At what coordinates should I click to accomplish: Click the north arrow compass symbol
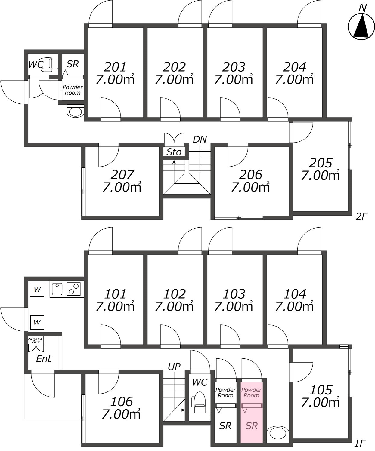[362, 26]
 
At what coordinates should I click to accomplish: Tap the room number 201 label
[115, 67]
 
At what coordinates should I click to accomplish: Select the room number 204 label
[295, 67]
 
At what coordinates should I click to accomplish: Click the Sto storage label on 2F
[174, 152]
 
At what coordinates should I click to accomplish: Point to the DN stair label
[200, 139]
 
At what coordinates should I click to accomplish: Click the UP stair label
[174, 367]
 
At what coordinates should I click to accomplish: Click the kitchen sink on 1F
[57, 289]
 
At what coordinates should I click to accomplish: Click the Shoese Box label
[36, 340]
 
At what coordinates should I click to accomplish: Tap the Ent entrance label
[44, 359]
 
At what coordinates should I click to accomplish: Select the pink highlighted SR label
[252, 426]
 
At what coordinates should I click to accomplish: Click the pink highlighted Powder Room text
[251, 393]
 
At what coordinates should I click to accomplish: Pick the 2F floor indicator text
[361, 216]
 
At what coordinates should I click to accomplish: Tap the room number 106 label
[121, 401]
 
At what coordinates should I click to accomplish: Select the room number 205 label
[321, 163]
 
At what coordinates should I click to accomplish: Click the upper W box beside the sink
[37, 290]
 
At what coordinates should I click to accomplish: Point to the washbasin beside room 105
[278, 434]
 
